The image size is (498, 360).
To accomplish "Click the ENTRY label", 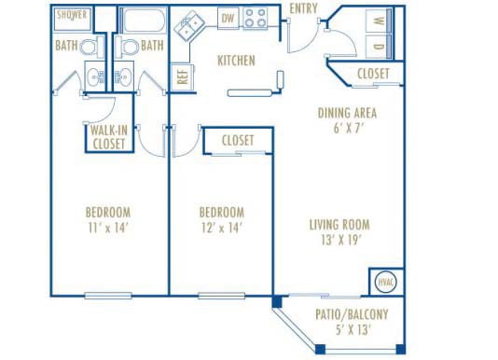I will point(303,9).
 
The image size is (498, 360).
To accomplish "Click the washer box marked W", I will point(378,21).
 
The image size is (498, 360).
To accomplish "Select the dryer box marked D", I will point(378,45).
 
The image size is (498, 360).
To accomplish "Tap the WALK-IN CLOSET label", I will point(109,137).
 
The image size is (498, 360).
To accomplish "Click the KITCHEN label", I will point(237,61).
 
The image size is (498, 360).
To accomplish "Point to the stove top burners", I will point(256,17).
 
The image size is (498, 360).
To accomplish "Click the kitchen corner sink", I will point(193,25).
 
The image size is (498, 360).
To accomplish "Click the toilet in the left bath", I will point(90,48).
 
